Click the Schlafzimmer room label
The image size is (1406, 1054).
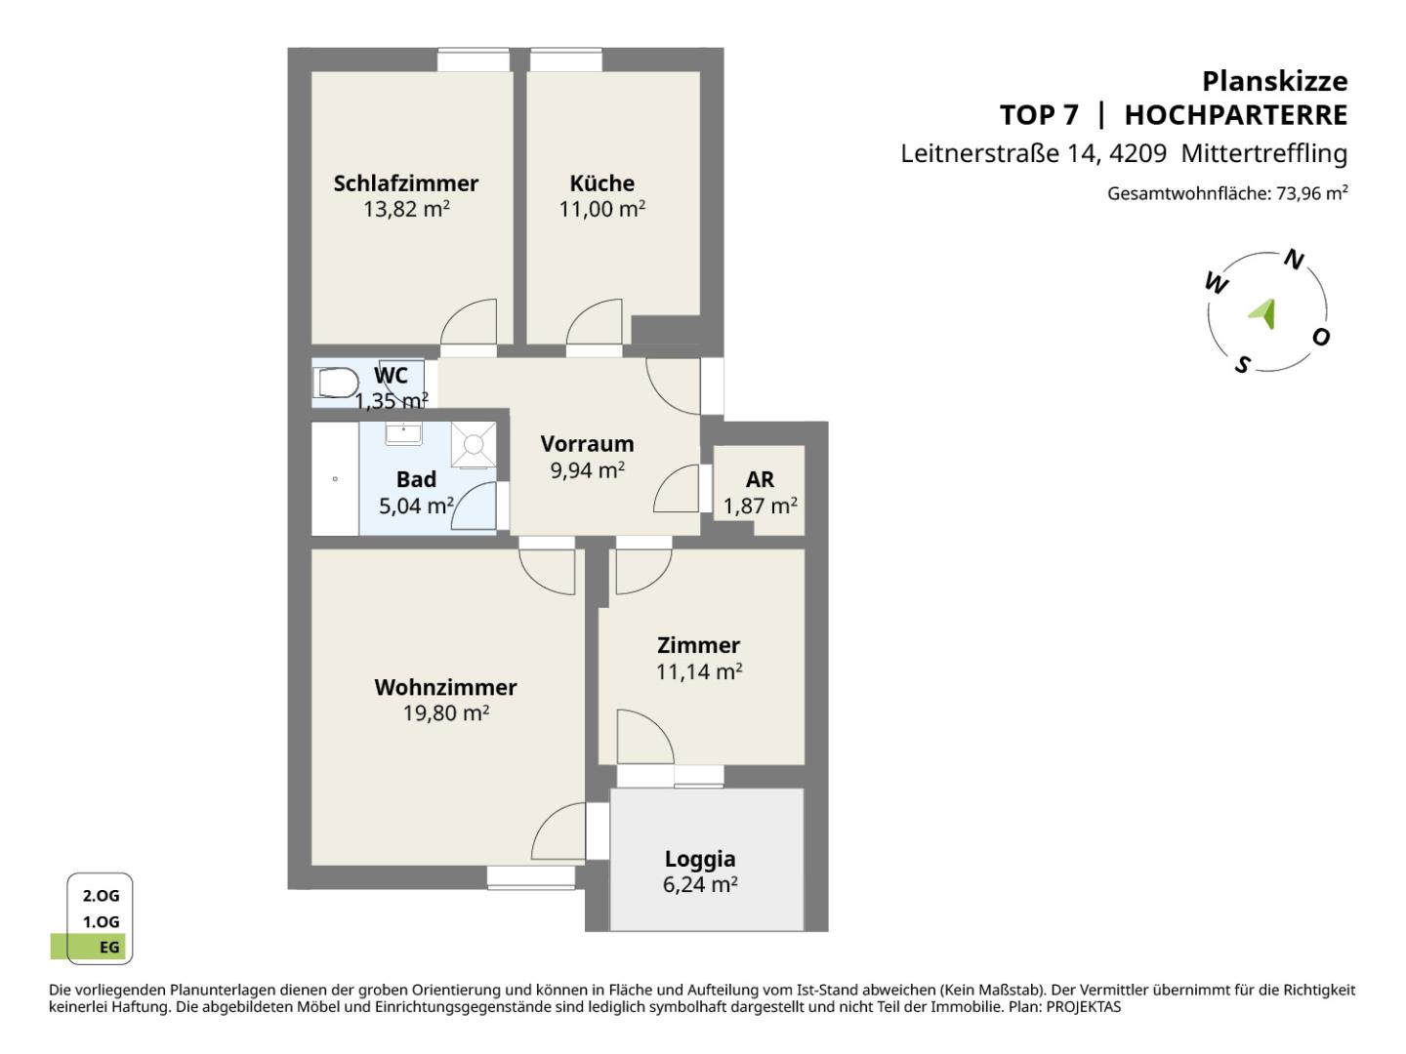point(405,183)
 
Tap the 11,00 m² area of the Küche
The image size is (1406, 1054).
point(602,209)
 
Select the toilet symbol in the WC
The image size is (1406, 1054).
point(336,382)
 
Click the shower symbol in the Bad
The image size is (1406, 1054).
point(474,444)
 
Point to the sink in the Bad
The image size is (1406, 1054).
point(403,433)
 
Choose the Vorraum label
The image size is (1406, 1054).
point(587,443)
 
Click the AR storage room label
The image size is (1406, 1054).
point(760,479)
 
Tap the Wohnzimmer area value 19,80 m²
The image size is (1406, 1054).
point(446,712)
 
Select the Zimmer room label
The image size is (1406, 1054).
point(698,645)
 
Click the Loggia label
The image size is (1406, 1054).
point(699,859)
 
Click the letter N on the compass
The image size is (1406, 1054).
point(1294,260)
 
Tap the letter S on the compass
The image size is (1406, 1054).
point(1242,365)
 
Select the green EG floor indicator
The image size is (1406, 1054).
point(88,947)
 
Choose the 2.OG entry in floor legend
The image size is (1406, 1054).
point(101,895)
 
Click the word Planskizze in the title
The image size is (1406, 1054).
point(1275,81)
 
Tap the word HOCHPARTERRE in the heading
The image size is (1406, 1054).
point(1236,115)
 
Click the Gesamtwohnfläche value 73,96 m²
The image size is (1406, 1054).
point(1312,192)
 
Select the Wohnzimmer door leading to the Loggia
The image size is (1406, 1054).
point(558,831)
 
